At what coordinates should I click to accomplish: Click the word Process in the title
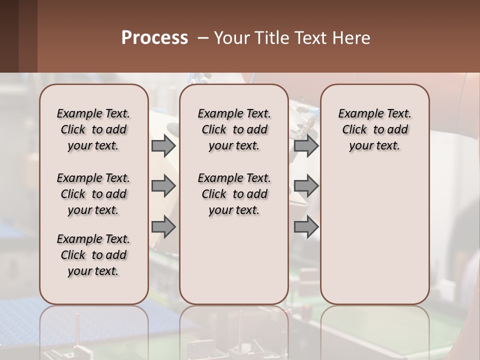(x=154, y=38)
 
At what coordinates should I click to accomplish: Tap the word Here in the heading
(x=351, y=38)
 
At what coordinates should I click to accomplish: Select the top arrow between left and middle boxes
(x=163, y=146)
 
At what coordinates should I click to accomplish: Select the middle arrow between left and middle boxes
(x=163, y=186)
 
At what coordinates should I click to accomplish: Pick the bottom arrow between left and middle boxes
(x=163, y=227)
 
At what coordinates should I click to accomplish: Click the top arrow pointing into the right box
(x=306, y=146)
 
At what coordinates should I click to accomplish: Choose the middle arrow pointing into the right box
(x=306, y=186)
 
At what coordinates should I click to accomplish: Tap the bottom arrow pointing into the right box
(x=306, y=227)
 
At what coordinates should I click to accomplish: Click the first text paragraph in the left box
(x=93, y=129)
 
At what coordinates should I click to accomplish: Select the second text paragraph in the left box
(x=93, y=194)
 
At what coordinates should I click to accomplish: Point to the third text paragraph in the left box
(x=93, y=255)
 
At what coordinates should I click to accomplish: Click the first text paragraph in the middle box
(x=234, y=129)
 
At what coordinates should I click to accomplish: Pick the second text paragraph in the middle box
(x=234, y=194)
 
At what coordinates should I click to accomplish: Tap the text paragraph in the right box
(x=374, y=129)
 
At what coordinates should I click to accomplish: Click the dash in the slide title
(x=203, y=38)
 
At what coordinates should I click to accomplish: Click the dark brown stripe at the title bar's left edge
(x=9, y=36)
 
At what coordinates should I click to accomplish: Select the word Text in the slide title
(x=311, y=38)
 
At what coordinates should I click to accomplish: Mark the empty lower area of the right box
(x=374, y=235)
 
